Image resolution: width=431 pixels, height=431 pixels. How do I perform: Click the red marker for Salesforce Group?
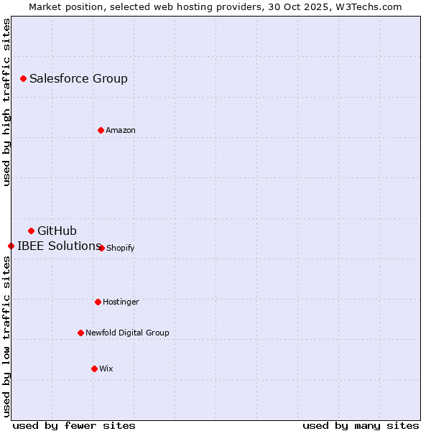23,78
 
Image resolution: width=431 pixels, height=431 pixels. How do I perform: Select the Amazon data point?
101,130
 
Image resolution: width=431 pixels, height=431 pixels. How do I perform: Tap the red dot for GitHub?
31,231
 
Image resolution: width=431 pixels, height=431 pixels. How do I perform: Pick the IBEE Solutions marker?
11,246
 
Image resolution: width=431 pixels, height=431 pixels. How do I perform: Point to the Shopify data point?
101,248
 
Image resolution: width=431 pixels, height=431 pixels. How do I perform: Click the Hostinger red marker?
98,302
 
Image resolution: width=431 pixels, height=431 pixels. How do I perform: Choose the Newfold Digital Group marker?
80,333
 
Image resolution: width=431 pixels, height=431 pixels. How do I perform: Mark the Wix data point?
94,369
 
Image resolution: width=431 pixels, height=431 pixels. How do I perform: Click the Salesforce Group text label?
78,78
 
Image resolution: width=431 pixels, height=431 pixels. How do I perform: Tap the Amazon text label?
121,130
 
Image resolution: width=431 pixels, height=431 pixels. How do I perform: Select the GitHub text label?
57,231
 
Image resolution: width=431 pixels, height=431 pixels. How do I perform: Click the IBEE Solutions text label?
58,246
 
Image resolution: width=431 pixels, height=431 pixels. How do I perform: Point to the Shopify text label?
121,248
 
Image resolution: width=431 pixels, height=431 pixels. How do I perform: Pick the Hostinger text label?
121,302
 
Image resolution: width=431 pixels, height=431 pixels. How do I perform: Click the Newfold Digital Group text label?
127,333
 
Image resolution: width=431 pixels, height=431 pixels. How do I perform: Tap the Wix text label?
106,369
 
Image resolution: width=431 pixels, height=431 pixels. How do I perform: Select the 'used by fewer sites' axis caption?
74,425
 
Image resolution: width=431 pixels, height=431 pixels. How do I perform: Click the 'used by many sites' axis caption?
361,425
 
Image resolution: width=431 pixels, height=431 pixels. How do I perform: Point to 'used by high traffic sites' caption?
6,102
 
